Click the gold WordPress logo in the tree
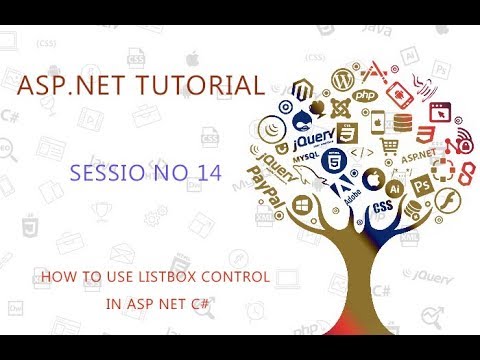pyautogui.click(x=338, y=78)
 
